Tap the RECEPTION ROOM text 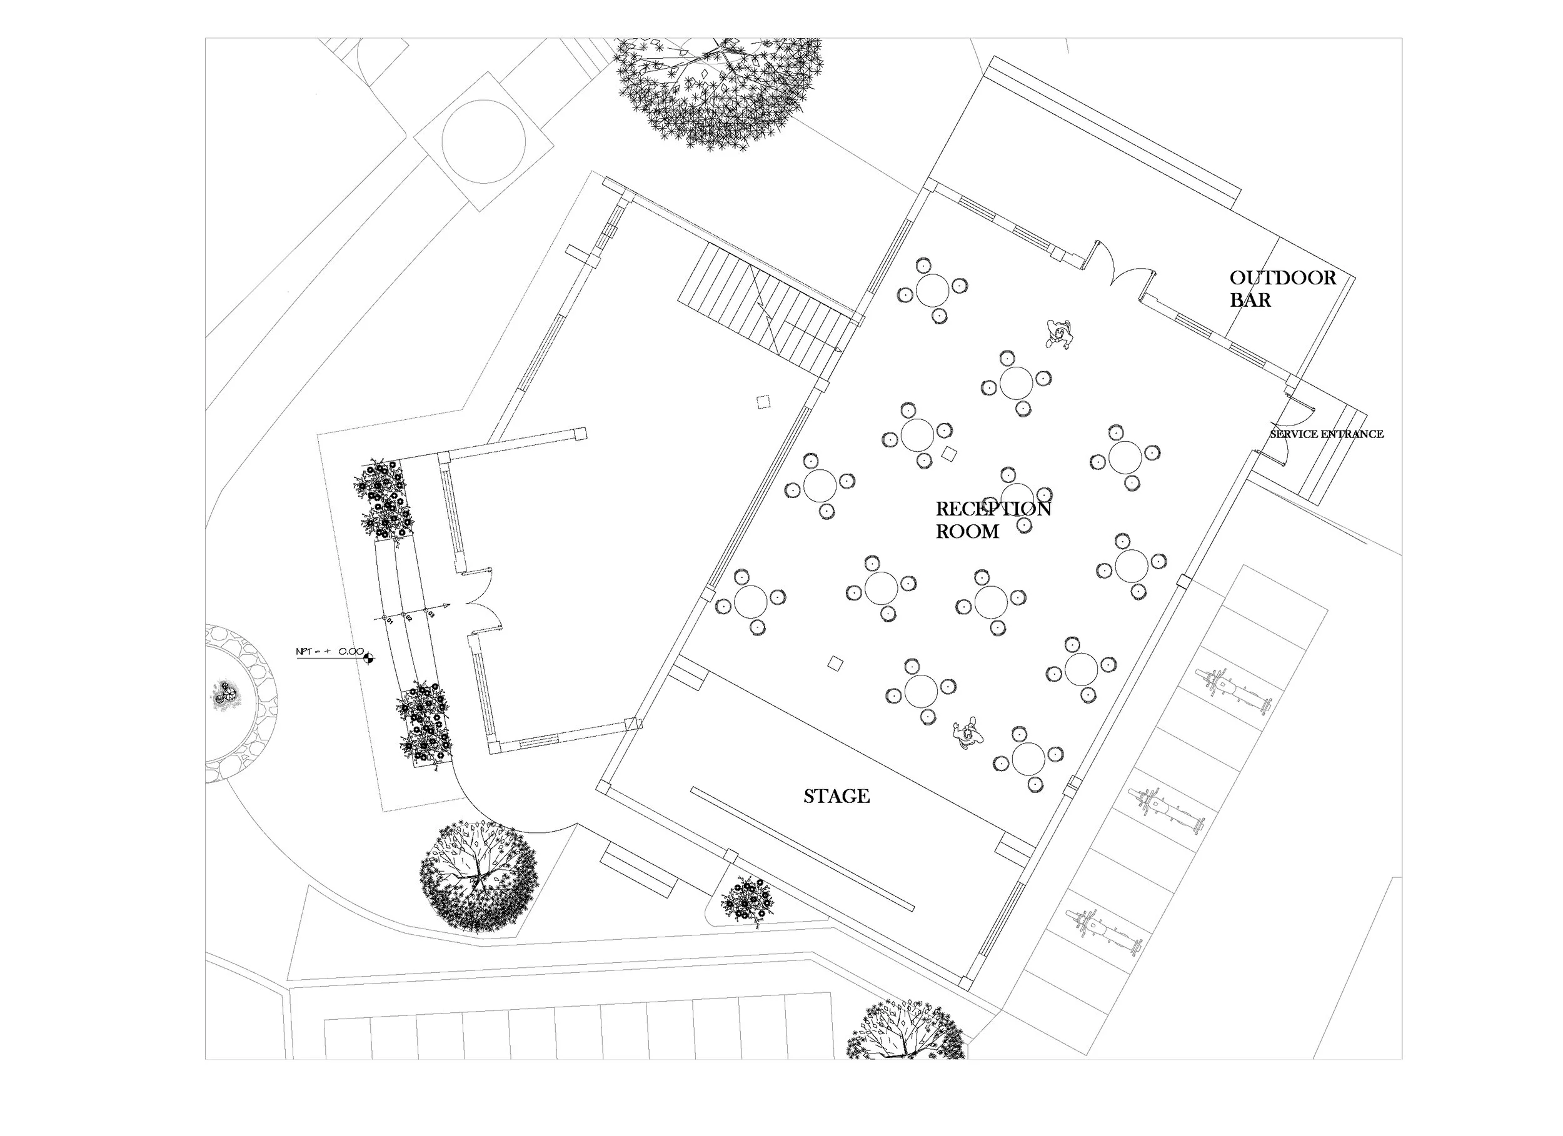coord(992,520)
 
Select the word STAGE coord(836,796)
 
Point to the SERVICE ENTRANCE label coord(1327,434)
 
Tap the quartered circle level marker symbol coord(369,658)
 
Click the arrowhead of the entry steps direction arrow coord(447,606)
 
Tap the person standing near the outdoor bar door coord(1058,334)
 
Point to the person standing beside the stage coord(968,734)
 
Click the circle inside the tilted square coord(483,141)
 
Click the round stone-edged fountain coord(234,703)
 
